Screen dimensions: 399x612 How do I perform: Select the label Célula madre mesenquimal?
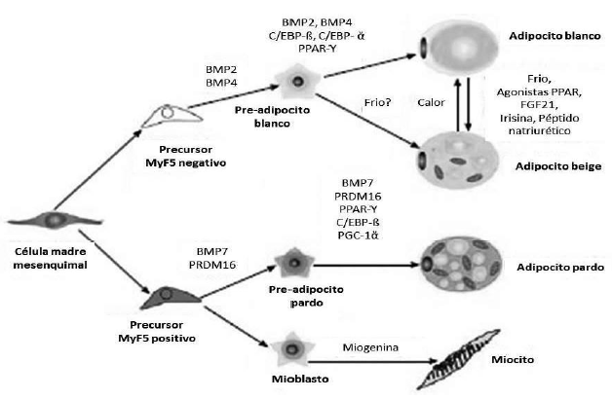[x=42, y=256]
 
